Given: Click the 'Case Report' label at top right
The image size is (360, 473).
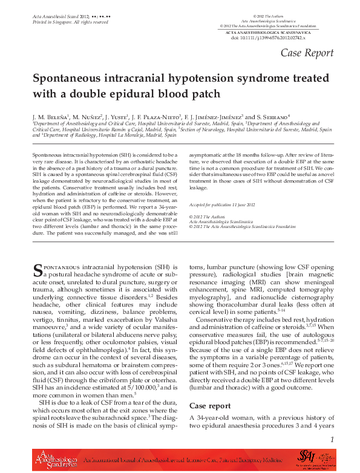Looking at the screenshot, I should pyautogui.click(x=307, y=53).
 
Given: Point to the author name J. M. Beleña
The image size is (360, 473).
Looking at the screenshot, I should pyautogui.click(x=51, y=116).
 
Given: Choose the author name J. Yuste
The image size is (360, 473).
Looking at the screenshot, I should pyautogui.click(x=115, y=116).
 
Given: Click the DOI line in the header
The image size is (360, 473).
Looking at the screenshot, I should pyautogui.click(x=269, y=38).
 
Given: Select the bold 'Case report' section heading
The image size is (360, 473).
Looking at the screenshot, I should pyautogui.click(x=210, y=405).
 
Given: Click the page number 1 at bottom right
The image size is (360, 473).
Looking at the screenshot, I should pyautogui.click(x=332, y=440).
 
